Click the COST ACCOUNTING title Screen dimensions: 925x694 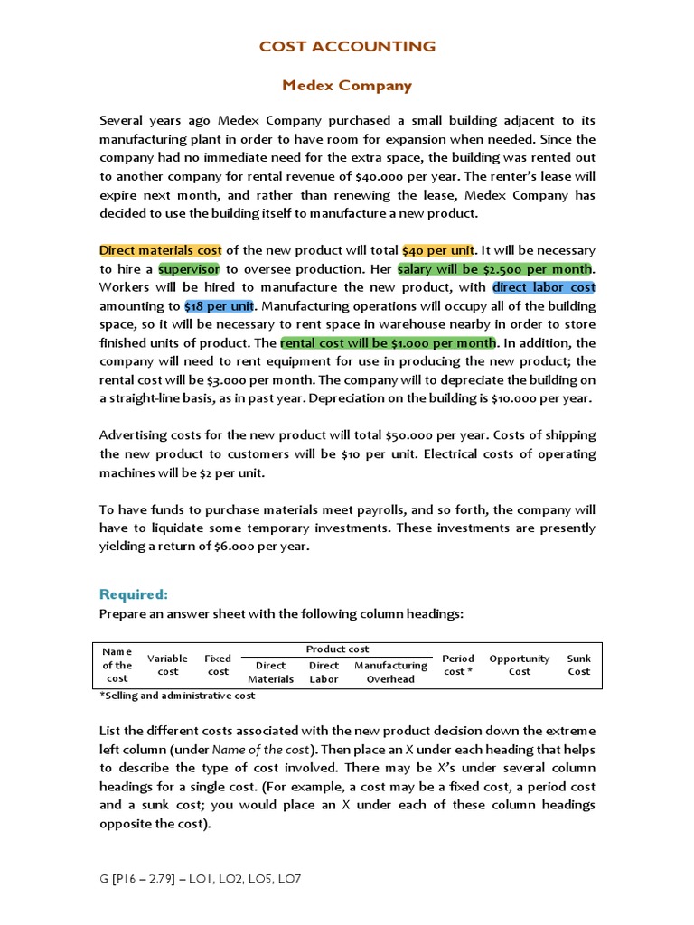click(347, 46)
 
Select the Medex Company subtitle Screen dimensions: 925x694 click(347, 86)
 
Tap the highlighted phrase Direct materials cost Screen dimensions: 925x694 click(160, 250)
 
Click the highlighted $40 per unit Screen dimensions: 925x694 click(438, 250)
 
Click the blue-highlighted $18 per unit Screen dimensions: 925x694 click(220, 306)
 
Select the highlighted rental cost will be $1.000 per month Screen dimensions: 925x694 click(388, 343)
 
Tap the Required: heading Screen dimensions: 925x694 click(134, 594)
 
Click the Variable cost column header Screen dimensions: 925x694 click(167, 665)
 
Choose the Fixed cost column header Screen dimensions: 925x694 click(218, 665)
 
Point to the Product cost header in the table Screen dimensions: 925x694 click(337, 649)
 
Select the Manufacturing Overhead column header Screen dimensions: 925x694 click(390, 672)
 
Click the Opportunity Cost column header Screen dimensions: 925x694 click(519, 665)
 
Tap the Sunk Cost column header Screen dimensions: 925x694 click(578, 665)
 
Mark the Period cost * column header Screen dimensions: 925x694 click(458, 665)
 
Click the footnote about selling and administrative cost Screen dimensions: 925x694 click(177, 696)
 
